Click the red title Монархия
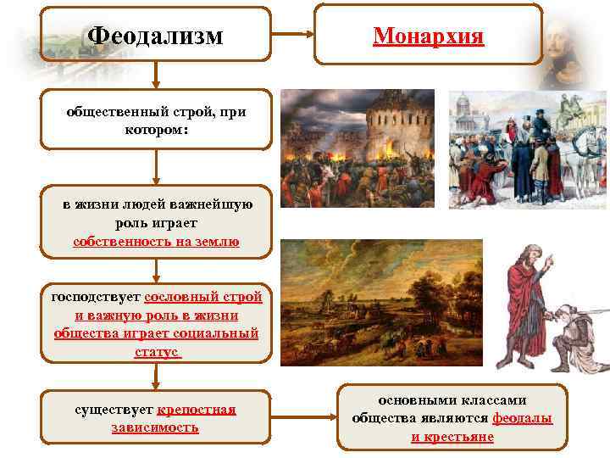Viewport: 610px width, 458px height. (428, 36)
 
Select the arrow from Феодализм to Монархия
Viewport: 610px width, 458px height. (291, 36)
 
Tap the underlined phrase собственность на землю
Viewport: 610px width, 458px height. (156, 242)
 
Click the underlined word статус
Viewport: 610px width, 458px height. (157, 351)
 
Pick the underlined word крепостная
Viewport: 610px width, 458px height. (197, 410)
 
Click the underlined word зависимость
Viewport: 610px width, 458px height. (155, 427)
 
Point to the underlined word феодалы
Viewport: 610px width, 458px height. (523, 418)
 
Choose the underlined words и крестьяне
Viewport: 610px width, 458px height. (452, 437)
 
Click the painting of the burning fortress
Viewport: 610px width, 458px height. (357, 137)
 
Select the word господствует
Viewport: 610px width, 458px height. (96, 298)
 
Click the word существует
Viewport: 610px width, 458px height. (114, 410)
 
